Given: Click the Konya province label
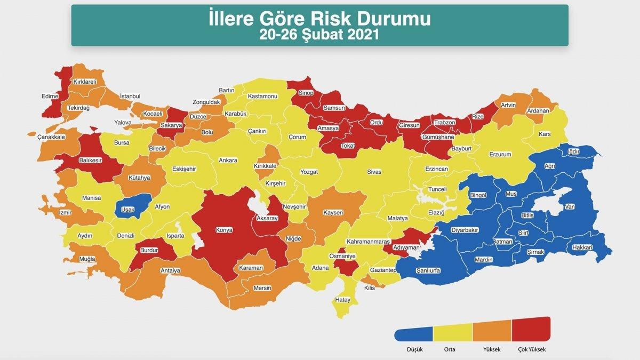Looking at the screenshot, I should tap(224, 231).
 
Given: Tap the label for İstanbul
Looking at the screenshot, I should tap(130, 96).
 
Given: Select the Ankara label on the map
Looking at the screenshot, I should tap(228, 161).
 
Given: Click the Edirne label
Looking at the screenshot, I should tap(49, 97).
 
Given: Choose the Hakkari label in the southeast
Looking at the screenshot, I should tap(582, 247).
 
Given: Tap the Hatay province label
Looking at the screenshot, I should tap(343, 300).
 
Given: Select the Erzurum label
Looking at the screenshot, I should tap(500, 155).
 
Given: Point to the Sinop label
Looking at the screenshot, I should tap(306, 93).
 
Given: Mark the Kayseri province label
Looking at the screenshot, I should tap(333, 213).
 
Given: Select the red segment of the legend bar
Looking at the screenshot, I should tap(531, 329).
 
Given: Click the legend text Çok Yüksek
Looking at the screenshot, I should tap(532, 350).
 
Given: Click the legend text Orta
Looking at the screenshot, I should tap(449, 350).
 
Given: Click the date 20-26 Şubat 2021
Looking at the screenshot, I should tap(319, 35).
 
